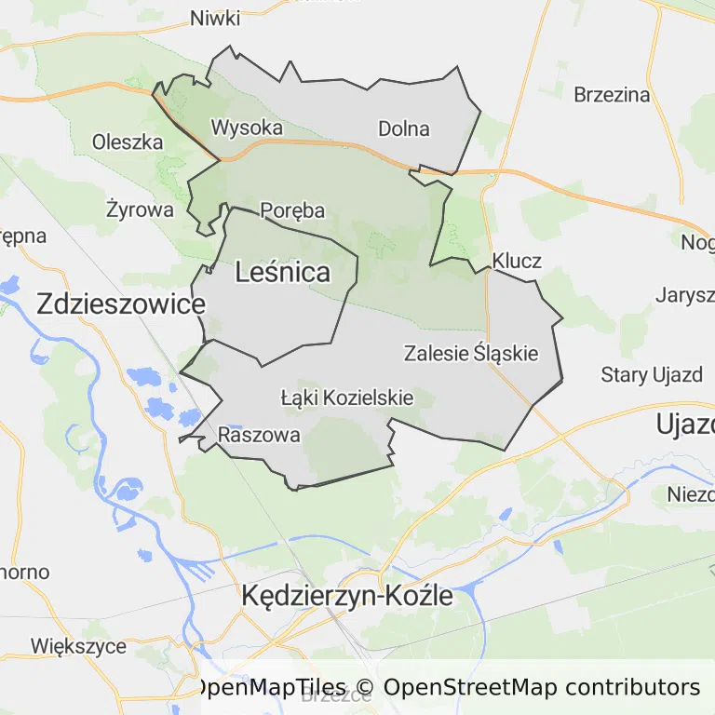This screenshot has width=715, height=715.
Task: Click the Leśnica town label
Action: [x=283, y=272]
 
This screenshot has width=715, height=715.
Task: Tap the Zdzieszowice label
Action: [x=120, y=304]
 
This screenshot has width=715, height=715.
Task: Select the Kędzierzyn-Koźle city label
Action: [x=346, y=596]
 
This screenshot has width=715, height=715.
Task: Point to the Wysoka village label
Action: [x=247, y=127]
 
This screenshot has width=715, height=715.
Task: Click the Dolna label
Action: [x=404, y=128]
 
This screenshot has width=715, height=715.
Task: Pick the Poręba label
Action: [x=292, y=210]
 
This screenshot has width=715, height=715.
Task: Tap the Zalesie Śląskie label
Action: [x=471, y=354]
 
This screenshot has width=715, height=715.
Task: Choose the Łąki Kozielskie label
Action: [x=346, y=398]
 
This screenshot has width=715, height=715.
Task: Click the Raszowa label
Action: [x=259, y=435]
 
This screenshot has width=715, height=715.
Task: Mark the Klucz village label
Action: [x=517, y=261]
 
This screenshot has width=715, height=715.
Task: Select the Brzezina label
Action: [x=612, y=94]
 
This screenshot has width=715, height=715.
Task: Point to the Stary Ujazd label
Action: [x=652, y=375]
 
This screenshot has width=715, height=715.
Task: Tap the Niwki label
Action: [x=214, y=19]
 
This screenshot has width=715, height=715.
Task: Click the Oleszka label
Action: [x=128, y=142]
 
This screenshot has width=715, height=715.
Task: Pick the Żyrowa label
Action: [x=140, y=209]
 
